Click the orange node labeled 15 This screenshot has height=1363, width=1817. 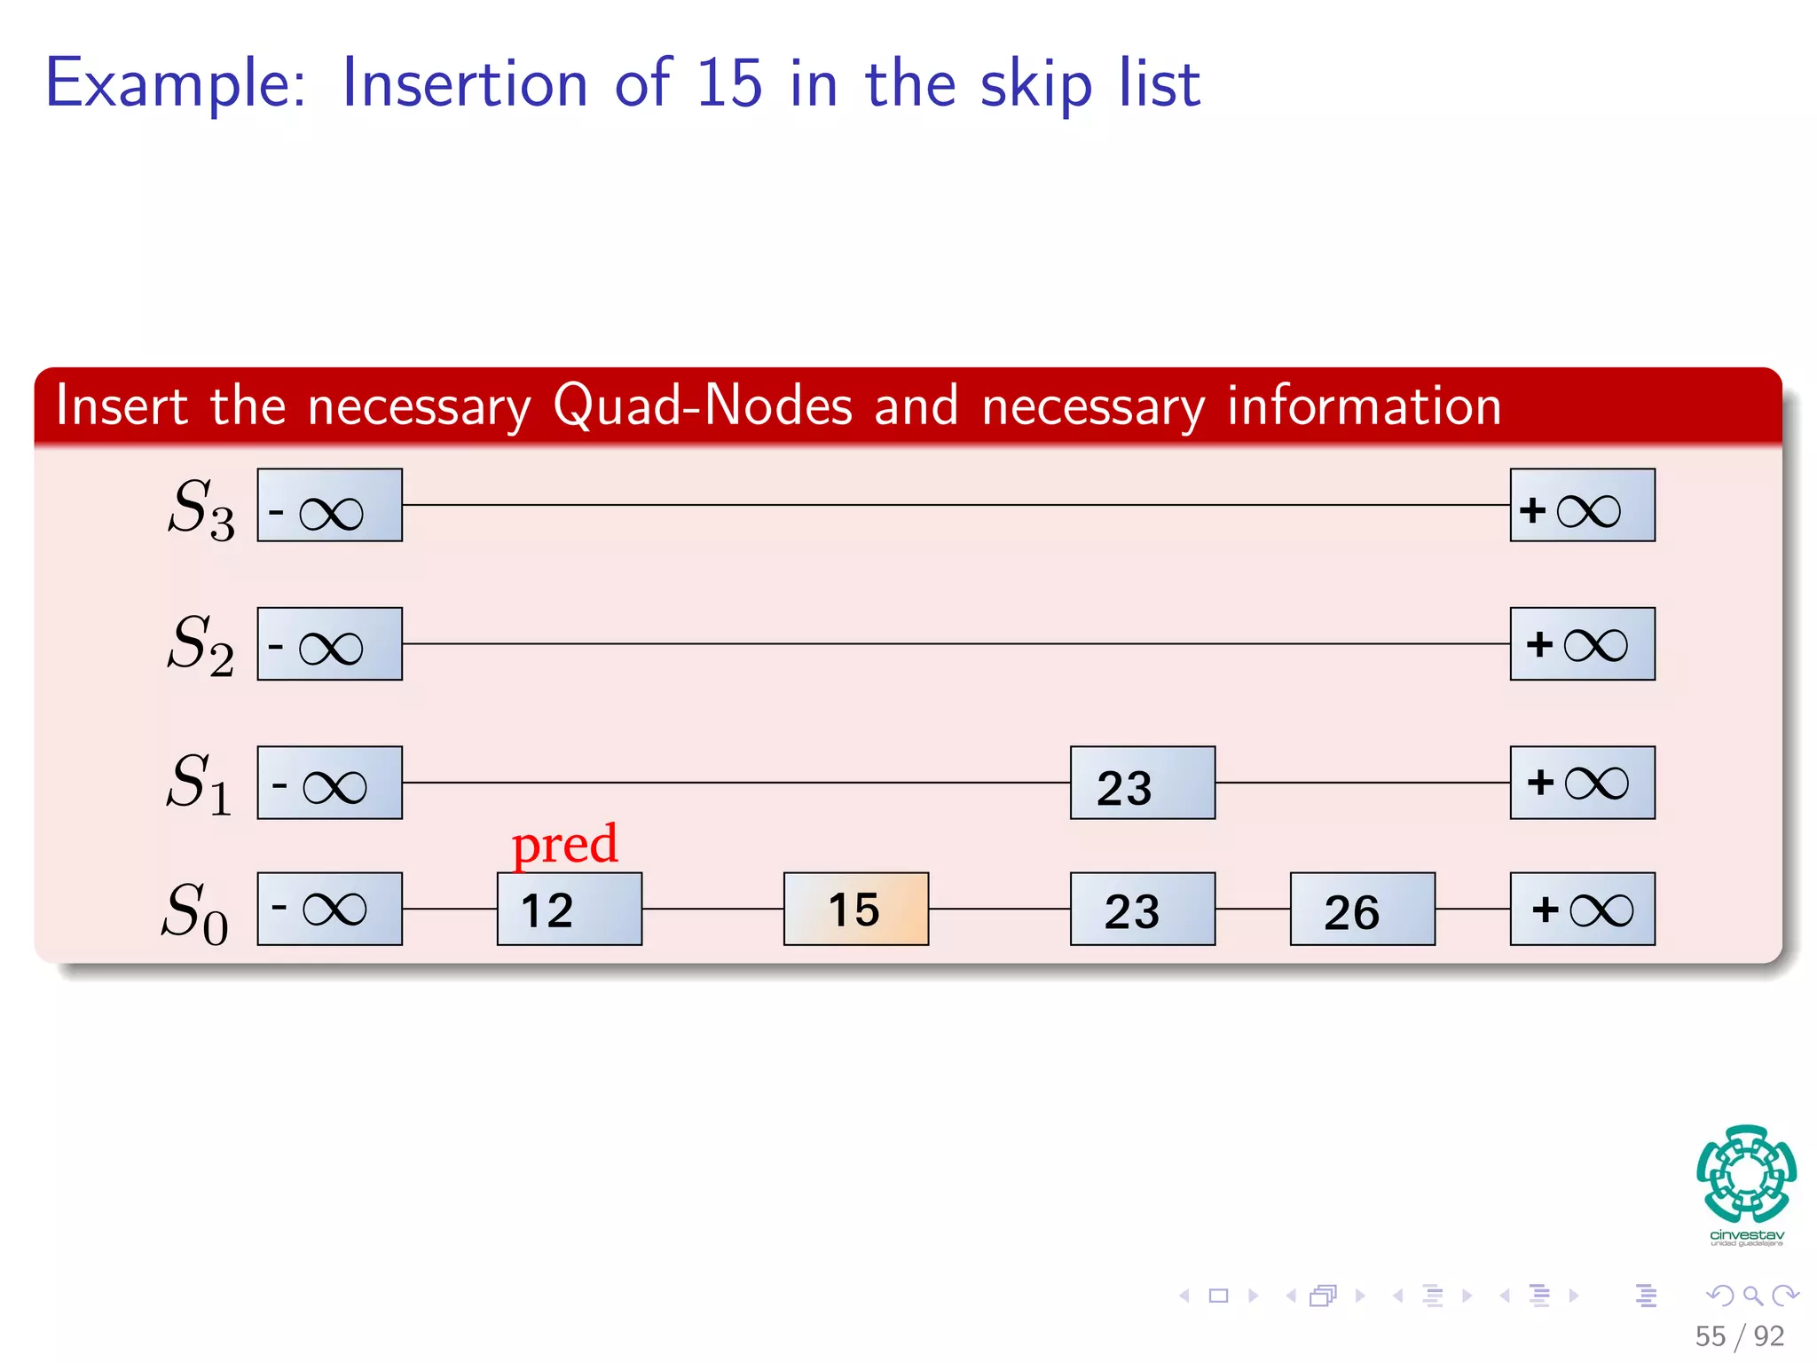[x=855, y=909]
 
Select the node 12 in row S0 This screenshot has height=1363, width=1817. [x=569, y=909]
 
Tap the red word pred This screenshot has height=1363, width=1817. [x=564, y=843]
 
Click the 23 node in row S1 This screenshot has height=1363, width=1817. [x=1142, y=783]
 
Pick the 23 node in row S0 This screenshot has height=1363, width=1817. [x=1142, y=909]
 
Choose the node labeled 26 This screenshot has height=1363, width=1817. [x=1362, y=909]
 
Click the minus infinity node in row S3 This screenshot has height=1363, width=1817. [x=329, y=505]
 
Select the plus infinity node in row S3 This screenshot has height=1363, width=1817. [x=1582, y=505]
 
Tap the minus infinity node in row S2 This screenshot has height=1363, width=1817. [x=329, y=644]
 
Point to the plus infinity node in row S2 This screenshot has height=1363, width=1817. [x=1582, y=644]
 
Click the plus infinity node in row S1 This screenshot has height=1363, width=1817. [x=1582, y=783]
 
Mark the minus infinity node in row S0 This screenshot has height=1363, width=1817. [x=329, y=909]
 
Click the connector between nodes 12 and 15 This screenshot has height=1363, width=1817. [x=712, y=909]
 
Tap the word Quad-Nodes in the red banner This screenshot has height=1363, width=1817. [x=702, y=406]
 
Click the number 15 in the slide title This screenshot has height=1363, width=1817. [x=728, y=83]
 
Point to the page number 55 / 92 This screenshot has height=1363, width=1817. [x=1739, y=1335]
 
